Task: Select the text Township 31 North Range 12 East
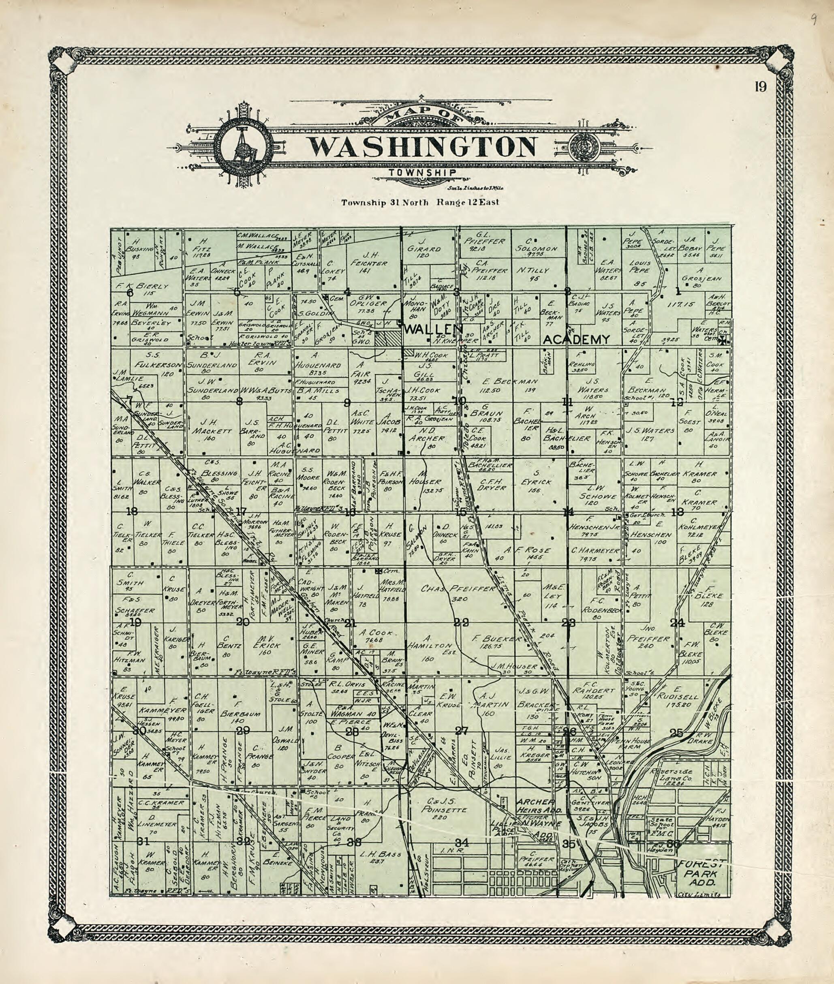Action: tap(420, 202)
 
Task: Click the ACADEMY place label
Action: tap(576, 339)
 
